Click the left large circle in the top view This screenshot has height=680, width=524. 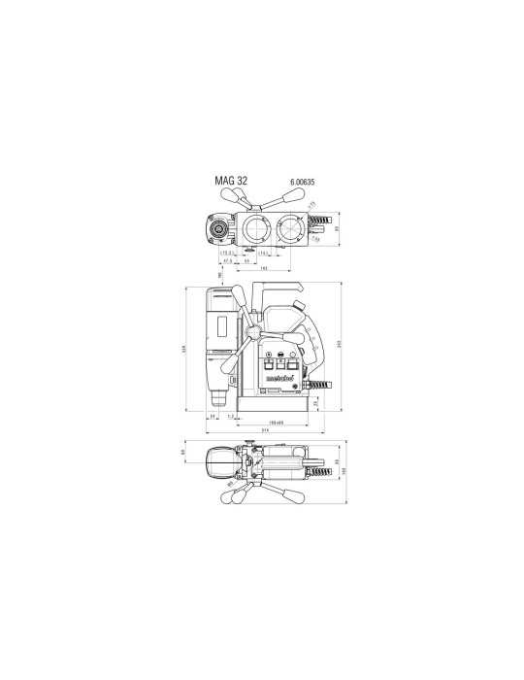257,229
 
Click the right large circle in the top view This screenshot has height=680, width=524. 290,229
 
